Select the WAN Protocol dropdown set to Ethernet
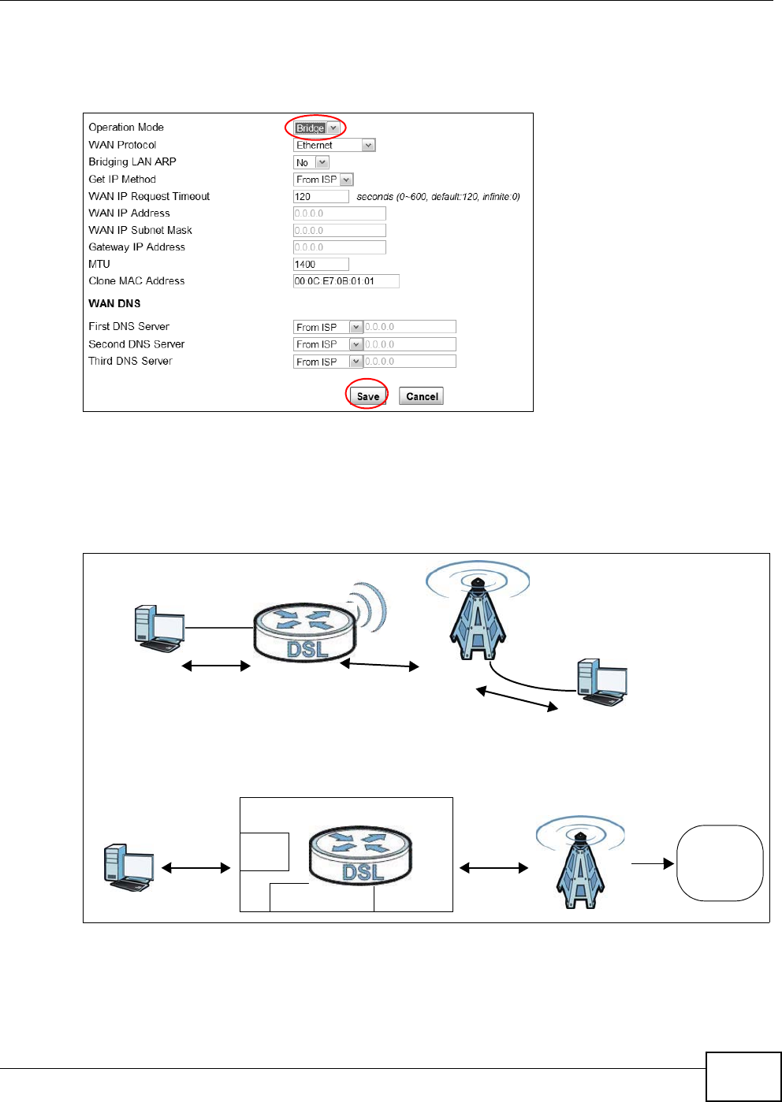(x=334, y=145)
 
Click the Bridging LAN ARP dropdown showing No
(x=311, y=162)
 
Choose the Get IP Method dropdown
(x=323, y=180)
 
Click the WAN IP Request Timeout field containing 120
(x=320, y=197)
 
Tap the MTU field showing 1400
(x=320, y=265)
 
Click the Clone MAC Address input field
(x=346, y=281)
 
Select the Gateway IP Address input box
(x=339, y=247)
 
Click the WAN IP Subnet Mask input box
(x=339, y=231)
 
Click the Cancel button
(x=422, y=396)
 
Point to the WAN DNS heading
(x=114, y=303)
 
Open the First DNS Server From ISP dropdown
(x=328, y=327)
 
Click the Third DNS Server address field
(x=410, y=362)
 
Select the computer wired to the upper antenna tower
(x=602, y=682)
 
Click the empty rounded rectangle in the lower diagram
(x=720, y=863)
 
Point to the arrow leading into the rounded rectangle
(x=653, y=863)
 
